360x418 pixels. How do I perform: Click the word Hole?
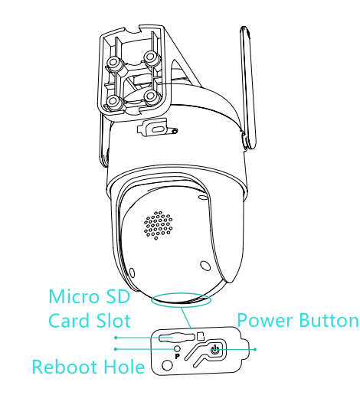[x=124, y=367]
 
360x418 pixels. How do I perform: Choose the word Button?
[x=329, y=320]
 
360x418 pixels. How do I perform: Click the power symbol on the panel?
[x=214, y=350]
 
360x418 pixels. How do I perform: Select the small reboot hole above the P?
[x=177, y=348]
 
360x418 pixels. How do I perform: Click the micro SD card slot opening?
[x=176, y=337]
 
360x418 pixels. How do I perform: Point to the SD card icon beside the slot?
[x=201, y=336]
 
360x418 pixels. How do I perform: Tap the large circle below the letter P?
[x=168, y=364]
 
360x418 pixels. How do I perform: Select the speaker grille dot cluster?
[x=158, y=225]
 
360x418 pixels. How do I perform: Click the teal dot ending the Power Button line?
[x=255, y=349]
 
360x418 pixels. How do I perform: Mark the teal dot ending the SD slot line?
[x=116, y=338]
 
